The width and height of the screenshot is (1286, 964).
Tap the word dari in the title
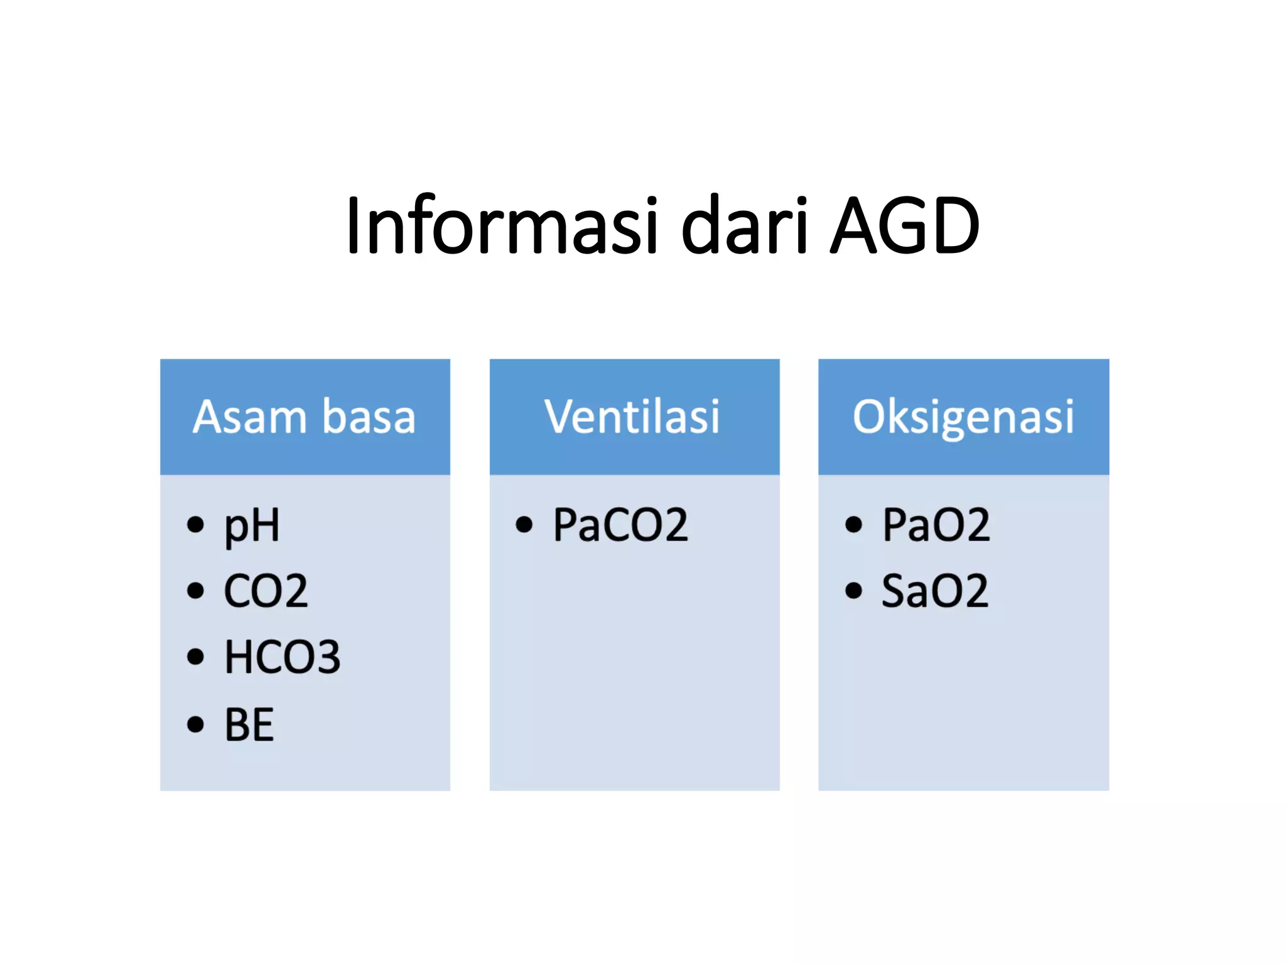click(x=745, y=226)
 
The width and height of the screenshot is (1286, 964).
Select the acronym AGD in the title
click(x=904, y=226)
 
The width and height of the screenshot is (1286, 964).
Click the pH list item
click(x=252, y=526)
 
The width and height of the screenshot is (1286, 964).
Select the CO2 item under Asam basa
click(x=266, y=591)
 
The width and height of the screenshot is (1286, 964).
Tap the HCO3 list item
click(x=283, y=658)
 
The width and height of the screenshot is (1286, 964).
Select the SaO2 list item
click(x=935, y=591)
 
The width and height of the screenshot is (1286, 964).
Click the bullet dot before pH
click(x=195, y=524)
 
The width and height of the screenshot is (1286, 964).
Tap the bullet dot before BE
click(x=195, y=724)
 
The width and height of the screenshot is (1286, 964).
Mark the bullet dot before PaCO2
click(x=524, y=524)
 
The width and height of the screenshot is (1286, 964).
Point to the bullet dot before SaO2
click(x=853, y=591)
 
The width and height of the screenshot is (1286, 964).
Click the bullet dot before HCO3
click(x=195, y=656)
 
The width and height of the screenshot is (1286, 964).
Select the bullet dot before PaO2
click(x=853, y=524)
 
